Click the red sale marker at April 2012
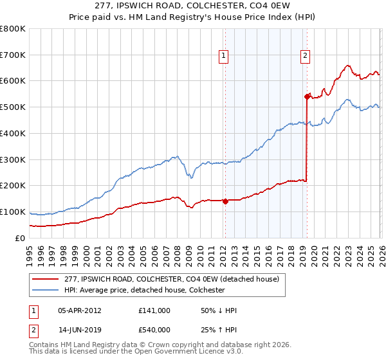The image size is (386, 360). [x=225, y=201]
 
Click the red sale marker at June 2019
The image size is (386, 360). [x=307, y=96]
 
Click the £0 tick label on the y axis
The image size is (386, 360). [x=20, y=238]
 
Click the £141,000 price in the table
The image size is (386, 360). [x=154, y=310]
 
